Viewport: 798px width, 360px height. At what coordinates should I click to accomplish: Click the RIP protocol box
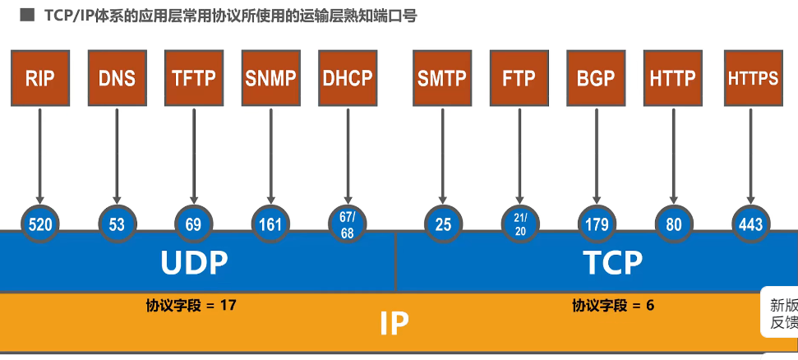coord(39,78)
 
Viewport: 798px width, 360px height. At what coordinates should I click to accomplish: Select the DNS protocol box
coord(117,78)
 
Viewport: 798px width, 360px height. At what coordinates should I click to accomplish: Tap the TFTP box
coord(194,78)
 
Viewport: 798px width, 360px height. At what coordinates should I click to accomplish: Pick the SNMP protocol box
coord(271,78)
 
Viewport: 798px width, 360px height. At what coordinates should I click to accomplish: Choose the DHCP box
coord(348,78)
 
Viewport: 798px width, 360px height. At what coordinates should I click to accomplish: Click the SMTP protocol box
coord(442,78)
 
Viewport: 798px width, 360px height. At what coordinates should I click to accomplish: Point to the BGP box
coord(597,78)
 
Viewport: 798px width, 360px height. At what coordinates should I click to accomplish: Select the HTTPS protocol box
coord(753,78)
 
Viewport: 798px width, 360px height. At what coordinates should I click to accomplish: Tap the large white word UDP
coord(194,263)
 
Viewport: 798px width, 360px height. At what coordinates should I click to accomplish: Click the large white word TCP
coord(612,263)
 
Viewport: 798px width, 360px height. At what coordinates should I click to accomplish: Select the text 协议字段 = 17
coord(191,306)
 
